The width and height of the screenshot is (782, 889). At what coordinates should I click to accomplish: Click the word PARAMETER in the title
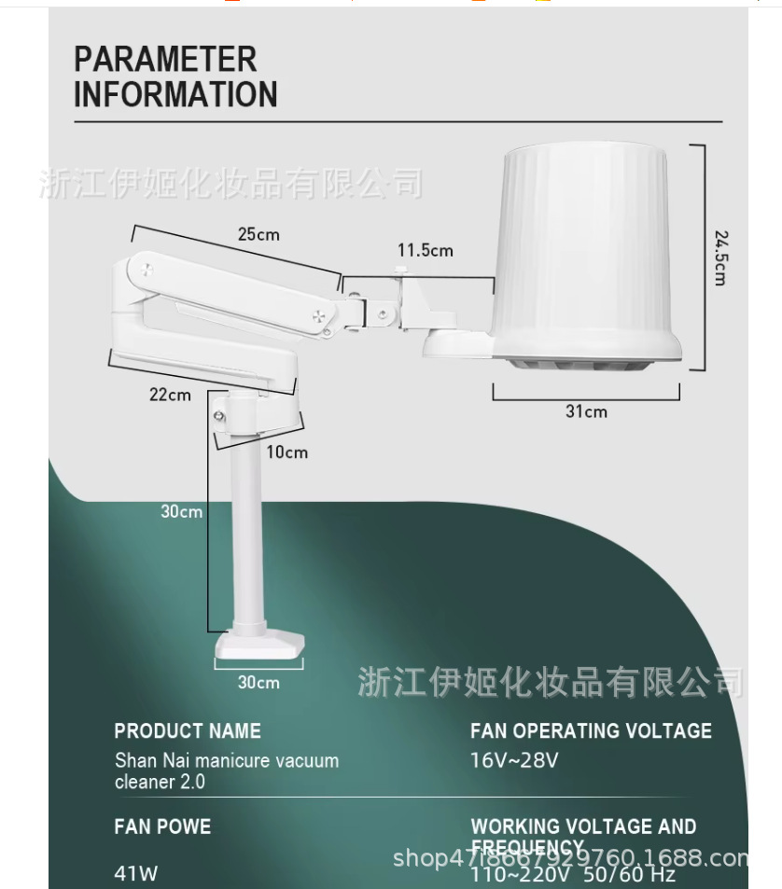tap(165, 60)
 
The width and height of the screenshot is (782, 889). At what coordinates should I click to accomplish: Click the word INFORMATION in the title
tap(175, 94)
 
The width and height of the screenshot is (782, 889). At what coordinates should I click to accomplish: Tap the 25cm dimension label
tap(258, 234)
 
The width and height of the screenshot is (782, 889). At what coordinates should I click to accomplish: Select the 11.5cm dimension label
tap(425, 250)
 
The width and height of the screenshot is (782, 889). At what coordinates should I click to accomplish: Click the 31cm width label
tap(586, 411)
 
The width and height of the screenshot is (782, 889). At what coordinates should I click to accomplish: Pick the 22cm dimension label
tap(170, 395)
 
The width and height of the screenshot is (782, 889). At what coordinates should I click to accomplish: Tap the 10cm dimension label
tap(286, 452)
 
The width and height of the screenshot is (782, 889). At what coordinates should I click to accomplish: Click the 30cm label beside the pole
tap(181, 511)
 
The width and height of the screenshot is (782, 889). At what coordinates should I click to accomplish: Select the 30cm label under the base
tap(258, 683)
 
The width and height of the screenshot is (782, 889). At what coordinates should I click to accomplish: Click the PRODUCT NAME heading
tap(188, 731)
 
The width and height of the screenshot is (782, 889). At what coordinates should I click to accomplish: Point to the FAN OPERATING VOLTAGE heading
tap(591, 731)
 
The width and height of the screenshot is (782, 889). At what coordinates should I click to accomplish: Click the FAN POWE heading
tap(162, 826)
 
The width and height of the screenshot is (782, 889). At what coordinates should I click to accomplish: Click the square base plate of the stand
tap(260, 646)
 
